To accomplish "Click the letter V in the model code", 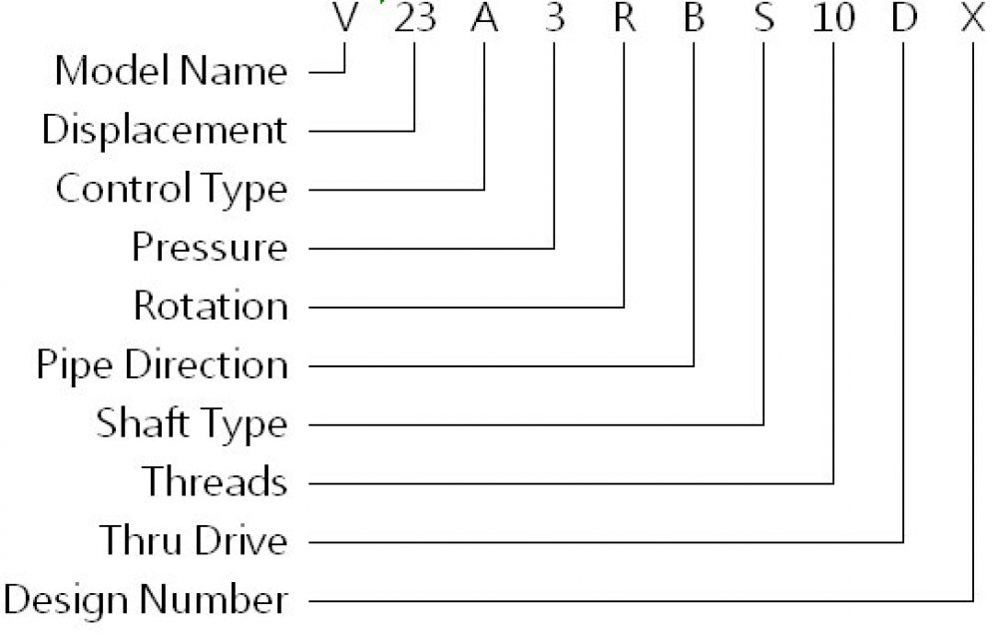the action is [x=345, y=17].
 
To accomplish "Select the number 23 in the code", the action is [x=415, y=17].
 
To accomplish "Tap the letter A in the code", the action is [x=484, y=17].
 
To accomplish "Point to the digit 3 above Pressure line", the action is [x=555, y=17].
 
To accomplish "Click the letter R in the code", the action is [x=625, y=17].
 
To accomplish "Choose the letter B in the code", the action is [x=694, y=17].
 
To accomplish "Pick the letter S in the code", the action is [x=763, y=17].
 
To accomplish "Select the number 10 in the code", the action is [x=833, y=17].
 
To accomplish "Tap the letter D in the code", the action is [x=904, y=17].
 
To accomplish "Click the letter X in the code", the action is [x=973, y=17].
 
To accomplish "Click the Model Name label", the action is [x=171, y=70].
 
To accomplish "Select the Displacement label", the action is [x=165, y=131].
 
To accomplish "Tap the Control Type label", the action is [x=172, y=189].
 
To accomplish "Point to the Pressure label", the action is [x=210, y=247].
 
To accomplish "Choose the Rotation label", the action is [x=211, y=306].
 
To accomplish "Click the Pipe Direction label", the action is [x=163, y=364].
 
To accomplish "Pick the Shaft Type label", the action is [x=192, y=423].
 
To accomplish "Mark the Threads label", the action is [x=215, y=481].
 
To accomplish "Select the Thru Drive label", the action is [x=194, y=540].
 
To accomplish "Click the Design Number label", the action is [x=145, y=599].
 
